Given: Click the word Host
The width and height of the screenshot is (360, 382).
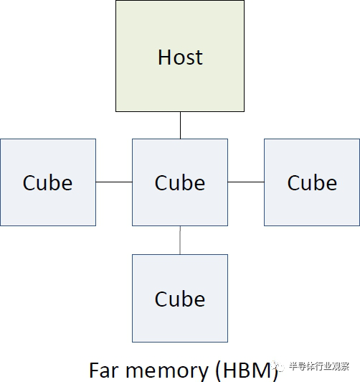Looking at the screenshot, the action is pyautogui.click(x=180, y=57).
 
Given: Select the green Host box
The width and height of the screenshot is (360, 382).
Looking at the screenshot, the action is pyautogui.click(x=180, y=56).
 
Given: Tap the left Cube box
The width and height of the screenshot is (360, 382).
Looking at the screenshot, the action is pyautogui.click(x=48, y=182).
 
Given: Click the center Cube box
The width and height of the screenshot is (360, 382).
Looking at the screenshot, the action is pyautogui.click(x=180, y=182).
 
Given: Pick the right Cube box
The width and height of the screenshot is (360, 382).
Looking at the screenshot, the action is pyautogui.click(x=312, y=182).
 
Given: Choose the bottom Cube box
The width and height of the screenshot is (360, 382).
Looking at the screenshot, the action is pyautogui.click(x=180, y=298).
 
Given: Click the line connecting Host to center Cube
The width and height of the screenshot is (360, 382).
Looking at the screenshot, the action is pyautogui.click(x=180, y=126).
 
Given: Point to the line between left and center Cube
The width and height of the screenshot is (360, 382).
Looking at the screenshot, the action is pyautogui.click(x=114, y=182).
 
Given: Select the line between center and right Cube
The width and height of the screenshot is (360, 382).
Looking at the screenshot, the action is pyautogui.click(x=246, y=182).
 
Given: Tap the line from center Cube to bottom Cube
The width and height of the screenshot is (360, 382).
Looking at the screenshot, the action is pyautogui.click(x=180, y=241).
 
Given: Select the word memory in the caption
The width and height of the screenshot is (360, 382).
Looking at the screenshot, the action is pyautogui.click(x=167, y=372).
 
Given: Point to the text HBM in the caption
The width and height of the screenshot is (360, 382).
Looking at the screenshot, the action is pyautogui.click(x=247, y=371).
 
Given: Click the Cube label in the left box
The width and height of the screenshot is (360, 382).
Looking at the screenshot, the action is pyautogui.click(x=47, y=182).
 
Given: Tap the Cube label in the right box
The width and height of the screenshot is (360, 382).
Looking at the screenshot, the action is pyautogui.click(x=312, y=182).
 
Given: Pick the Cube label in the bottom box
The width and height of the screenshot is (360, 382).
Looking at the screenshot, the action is pyautogui.click(x=180, y=299).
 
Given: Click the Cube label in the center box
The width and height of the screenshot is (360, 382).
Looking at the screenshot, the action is pyautogui.click(x=180, y=182).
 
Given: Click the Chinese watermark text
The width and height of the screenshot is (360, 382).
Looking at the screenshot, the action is pyautogui.click(x=319, y=366).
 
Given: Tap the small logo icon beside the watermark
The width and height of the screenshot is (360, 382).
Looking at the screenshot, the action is pyautogui.click(x=278, y=366).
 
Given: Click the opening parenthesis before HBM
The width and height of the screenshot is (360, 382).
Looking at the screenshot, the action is pyautogui.click(x=218, y=371).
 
